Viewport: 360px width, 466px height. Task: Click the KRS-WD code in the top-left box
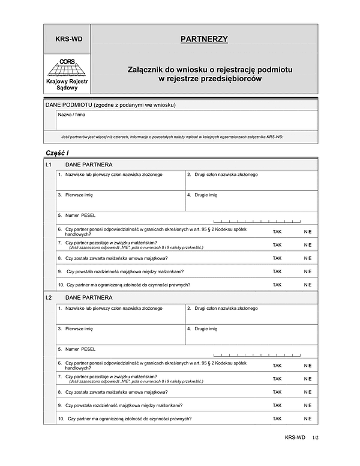[68, 40]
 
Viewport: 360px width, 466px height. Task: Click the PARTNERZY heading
[204, 40]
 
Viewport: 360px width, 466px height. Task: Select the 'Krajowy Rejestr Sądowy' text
[67, 84]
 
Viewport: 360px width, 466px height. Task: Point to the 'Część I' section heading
[58, 153]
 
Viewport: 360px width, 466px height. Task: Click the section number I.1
[49, 164]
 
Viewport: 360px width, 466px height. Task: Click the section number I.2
[49, 297]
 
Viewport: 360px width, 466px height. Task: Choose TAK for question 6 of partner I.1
[277, 231]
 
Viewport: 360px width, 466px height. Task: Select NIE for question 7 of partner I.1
[308, 245]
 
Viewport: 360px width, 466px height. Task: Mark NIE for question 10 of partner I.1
[308, 285]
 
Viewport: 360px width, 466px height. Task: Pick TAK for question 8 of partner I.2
[277, 392]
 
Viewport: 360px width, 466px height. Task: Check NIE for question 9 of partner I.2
[308, 405]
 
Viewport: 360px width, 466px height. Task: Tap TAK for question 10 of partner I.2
[277, 418]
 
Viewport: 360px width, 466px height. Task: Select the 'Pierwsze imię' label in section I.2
[76, 328]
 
